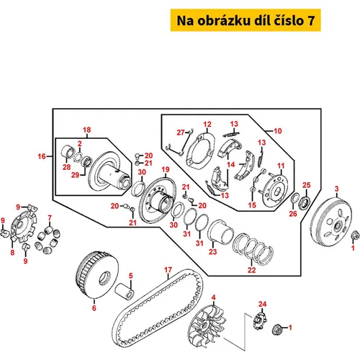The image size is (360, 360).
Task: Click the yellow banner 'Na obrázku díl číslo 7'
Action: (x=246, y=20)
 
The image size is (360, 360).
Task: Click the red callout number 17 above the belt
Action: (x=168, y=270)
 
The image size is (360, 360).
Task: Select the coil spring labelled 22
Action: (x=253, y=249)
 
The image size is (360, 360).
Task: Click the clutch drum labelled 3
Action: (x=331, y=221)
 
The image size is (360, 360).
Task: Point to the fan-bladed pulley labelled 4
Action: (x=207, y=325)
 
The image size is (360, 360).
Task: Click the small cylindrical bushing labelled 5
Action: (x=125, y=291)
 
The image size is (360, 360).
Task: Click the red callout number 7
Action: (x=50, y=218)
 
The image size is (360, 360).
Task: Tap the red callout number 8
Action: (x=12, y=252)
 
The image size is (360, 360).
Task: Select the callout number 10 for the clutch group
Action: (x=278, y=131)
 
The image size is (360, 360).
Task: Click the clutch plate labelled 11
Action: (x=275, y=190)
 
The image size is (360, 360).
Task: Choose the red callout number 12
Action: (x=207, y=125)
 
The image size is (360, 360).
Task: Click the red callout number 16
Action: (x=42, y=156)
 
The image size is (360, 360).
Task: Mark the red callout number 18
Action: (x=87, y=130)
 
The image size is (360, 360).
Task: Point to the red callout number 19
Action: (x=166, y=169)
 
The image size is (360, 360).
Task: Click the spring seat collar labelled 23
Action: (x=220, y=233)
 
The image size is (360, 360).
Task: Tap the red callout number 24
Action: (x=263, y=304)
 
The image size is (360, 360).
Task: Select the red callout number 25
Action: (x=307, y=185)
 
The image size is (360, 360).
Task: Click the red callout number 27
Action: (x=181, y=132)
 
